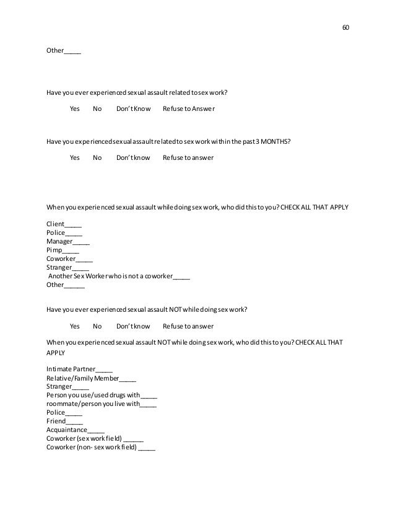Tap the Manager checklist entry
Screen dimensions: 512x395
(68, 242)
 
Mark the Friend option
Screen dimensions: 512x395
(64, 420)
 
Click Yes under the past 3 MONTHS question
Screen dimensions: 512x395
(75, 157)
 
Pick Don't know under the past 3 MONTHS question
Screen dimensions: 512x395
(133, 157)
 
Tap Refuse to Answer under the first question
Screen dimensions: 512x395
(189, 109)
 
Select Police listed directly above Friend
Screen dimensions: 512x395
(64, 411)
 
